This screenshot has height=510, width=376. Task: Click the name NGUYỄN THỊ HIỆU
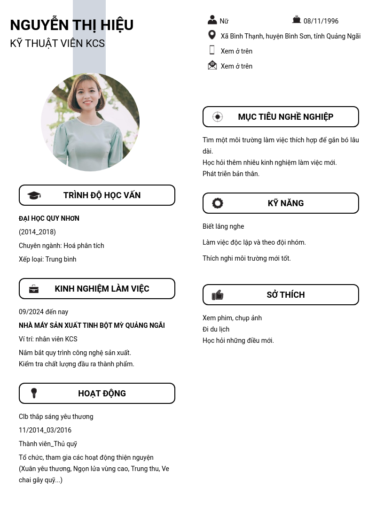coord(71,25)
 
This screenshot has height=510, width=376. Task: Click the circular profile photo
coord(90,122)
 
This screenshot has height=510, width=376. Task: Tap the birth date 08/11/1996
coord(321,21)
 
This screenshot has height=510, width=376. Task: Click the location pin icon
coord(212,35)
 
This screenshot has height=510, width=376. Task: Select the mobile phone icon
coord(212,50)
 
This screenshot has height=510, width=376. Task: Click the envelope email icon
coord(212,65)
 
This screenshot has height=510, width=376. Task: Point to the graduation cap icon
coord(34,195)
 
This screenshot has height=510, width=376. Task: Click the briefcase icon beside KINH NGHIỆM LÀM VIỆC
coord(34,289)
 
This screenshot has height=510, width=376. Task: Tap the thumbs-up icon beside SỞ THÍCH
coord(217,295)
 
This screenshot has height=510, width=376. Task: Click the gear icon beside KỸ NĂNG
coord(218,203)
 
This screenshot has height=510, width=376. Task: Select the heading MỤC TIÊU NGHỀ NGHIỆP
coord(285,117)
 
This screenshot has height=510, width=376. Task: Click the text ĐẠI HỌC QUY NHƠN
coord(49,218)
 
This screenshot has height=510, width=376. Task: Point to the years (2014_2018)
coord(37,232)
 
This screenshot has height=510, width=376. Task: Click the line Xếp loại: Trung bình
coord(47,259)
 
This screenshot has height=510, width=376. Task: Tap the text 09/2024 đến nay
coord(43,312)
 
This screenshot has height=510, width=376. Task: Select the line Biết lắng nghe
coord(223,226)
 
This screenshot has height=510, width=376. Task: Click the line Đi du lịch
coord(216,329)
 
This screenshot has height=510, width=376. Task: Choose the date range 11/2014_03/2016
coord(45,430)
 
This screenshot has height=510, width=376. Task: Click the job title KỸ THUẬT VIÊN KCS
coord(57,43)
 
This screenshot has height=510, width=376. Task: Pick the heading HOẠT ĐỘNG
coord(102,394)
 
